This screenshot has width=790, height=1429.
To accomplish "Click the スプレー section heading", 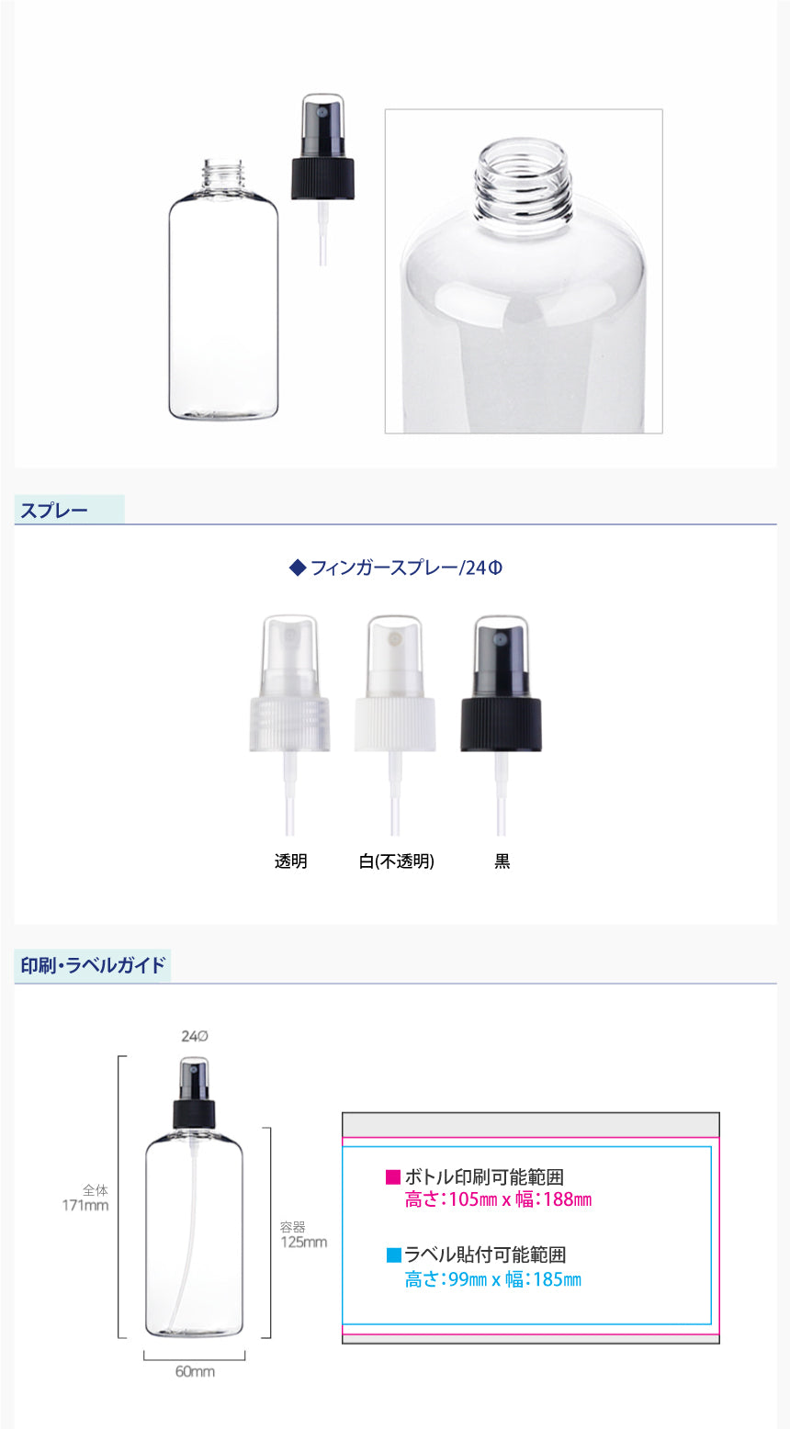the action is point(54,511).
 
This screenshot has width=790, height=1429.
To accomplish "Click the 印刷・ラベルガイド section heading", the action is point(93,965).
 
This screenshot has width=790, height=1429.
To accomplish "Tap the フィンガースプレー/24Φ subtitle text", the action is point(406,568).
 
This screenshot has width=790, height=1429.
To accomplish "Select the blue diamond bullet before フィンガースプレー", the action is point(298,568).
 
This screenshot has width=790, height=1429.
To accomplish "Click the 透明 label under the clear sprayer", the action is point(291,861).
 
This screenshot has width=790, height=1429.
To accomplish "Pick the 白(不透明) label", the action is point(396,861).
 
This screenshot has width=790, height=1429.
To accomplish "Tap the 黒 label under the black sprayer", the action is point(502,861).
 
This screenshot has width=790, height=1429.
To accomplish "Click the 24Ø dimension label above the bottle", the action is point(195,1036).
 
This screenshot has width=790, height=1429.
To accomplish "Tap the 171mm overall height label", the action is point(85,1205).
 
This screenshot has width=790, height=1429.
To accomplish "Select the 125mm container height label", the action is point(304,1242).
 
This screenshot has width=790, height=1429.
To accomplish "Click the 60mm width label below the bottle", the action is point(195,1371).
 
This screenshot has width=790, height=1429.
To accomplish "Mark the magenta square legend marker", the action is point(393,1177).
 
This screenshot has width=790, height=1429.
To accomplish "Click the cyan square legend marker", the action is point(394,1255).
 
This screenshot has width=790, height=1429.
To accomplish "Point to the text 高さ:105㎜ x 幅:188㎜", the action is point(499,1200).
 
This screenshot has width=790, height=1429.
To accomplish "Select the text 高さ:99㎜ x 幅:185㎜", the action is point(493,1279).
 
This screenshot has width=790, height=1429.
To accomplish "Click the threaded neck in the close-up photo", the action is point(523,182).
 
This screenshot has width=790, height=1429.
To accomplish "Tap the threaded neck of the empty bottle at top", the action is point(223,173).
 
